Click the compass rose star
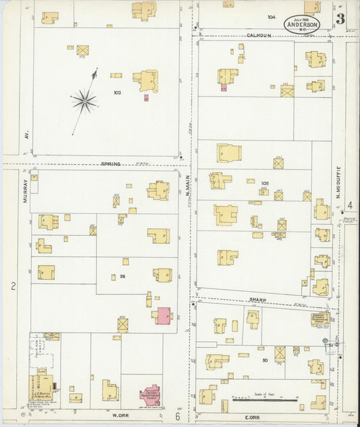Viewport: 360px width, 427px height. pyautogui.click(x=84, y=101)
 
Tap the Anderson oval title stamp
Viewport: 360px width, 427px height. pyautogui.click(x=302, y=24)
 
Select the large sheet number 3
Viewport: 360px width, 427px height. pyautogui.click(x=340, y=19)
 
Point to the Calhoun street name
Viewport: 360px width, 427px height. pyautogui.click(x=258, y=35)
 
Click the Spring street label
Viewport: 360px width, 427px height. pyautogui.click(x=110, y=164)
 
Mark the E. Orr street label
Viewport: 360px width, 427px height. pyautogui.click(x=258, y=414)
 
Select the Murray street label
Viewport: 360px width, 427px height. pyautogui.click(x=25, y=191)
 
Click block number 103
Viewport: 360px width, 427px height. pyautogui.click(x=117, y=92)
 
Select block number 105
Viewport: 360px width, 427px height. pyautogui.click(x=265, y=182)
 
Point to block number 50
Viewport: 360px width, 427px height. pyautogui.click(x=265, y=361)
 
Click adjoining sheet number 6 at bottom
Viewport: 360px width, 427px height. pyautogui.click(x=178, y=417)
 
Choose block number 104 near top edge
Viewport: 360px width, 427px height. pyautogui.click(x=272, y=17)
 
